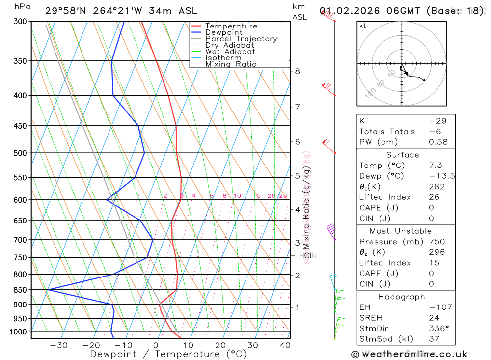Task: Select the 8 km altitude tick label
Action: pyautogui.click(x=297, y=71)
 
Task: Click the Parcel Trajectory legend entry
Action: pyautogui.click(x=241, y=39)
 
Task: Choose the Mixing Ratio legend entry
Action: pyautogui.click(x=231, y=64)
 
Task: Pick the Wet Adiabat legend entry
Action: pyautogui.click(x=230, y=52)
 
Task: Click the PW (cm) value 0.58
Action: pyautogui.click(x=438, y=142)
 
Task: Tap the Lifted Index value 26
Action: pyautogui.click(x=434, y=197)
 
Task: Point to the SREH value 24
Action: pyautogui.click(x=434, y=318)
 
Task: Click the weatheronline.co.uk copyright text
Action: pyautogui.click(x=409, y=354)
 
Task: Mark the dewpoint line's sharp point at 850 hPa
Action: pyautogui.click(x=48, y=290)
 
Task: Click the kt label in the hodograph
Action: pyautogui.click(x=363, y=26)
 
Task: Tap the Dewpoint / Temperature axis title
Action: pyautogui.click(x=168, y=354)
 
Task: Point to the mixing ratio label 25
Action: pyautogui.click(x=283, y=196)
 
